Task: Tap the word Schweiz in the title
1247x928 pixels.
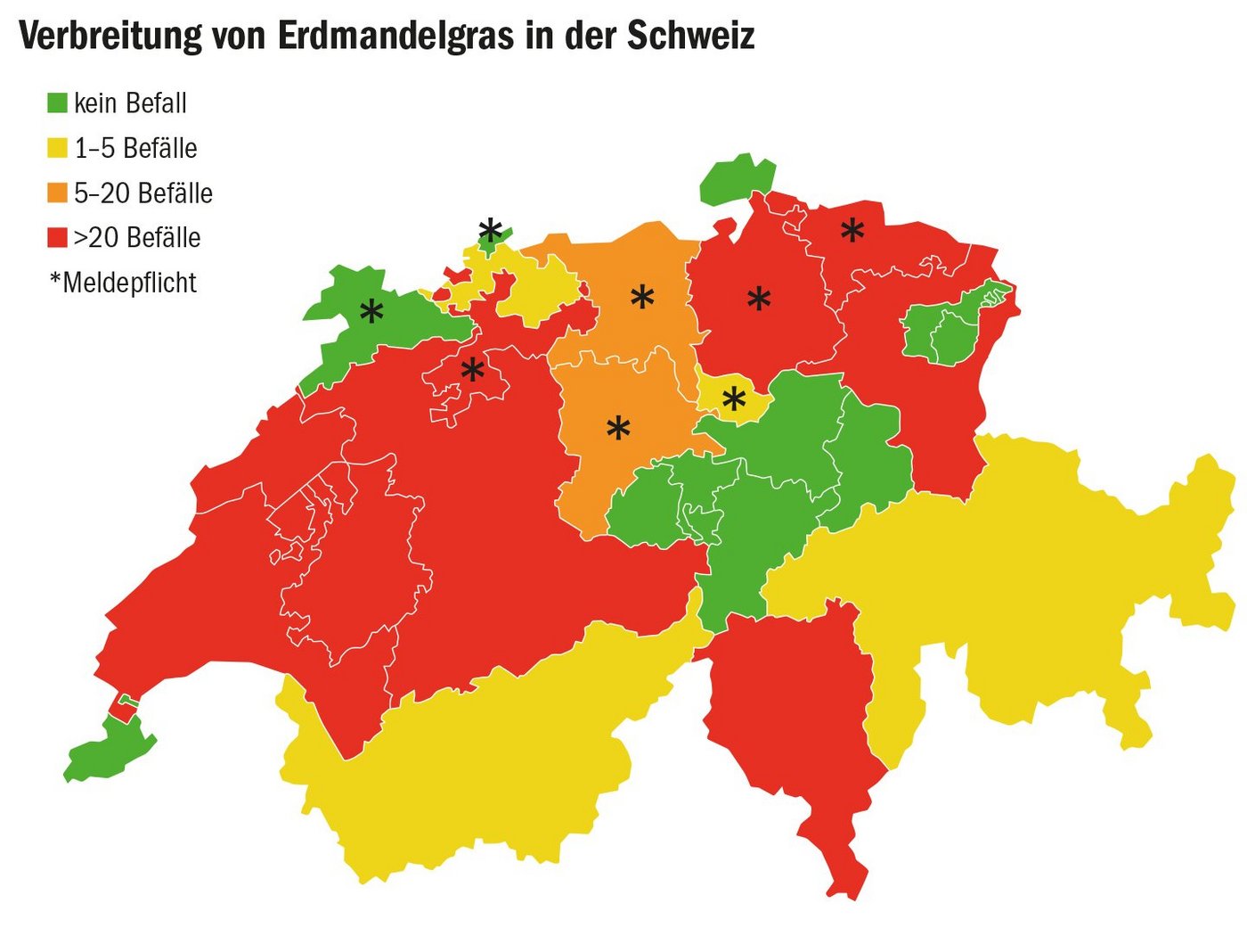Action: click(690, 36)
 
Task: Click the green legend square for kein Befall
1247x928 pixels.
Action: click(57, 103)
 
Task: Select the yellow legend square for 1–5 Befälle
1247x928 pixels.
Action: click(57, 148)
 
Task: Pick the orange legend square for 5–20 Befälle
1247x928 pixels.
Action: click(57, 193)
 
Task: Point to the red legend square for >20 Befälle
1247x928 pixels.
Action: click(57, 238)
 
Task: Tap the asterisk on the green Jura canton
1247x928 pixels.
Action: click(371, 312)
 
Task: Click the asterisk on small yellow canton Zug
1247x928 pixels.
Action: click(734, 400)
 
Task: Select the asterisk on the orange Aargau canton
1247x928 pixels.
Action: click(642, 297)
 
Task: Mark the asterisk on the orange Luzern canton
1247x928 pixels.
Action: click(618, 429)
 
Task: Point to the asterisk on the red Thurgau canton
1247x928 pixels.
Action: click(852, 231)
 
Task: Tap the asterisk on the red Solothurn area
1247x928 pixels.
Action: click(472, 369)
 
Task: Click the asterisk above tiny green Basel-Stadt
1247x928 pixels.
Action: click(490, 230)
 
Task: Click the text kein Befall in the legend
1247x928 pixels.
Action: click(130, 103)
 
